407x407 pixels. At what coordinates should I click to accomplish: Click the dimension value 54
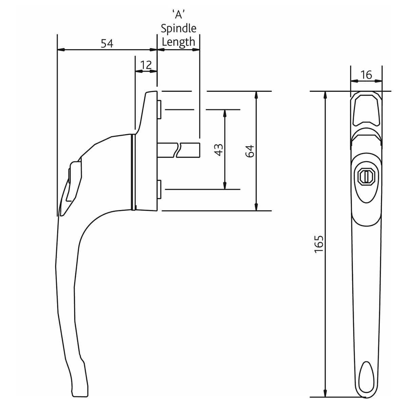pos(107,43)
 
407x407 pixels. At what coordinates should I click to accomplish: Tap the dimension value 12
pos(146,64)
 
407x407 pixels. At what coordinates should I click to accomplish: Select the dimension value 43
pos(219,150)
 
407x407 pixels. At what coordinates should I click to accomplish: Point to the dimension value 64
pos(249,151)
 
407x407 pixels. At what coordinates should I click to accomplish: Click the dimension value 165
pos(319,244)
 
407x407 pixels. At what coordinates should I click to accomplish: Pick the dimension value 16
pos(366,75)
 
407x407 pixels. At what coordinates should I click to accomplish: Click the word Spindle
pos(178,28)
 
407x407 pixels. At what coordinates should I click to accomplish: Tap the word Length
pos(178,42)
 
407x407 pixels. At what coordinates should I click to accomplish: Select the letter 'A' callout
pos(178,14)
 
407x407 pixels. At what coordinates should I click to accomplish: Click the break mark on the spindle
pos(179,150)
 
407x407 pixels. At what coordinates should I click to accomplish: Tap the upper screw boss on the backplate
pos(159,109)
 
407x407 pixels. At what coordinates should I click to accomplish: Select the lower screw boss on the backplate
pos(159,190)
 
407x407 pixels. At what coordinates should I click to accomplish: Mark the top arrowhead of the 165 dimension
pos(326,95)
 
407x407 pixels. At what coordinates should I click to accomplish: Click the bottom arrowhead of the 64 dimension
pos(256,207)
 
